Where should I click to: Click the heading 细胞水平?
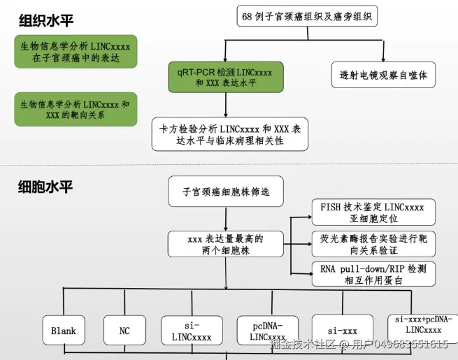(45, 187)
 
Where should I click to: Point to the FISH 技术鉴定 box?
(373, 213)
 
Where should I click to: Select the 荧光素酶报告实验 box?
(373, 244)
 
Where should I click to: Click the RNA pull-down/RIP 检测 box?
(373, 275)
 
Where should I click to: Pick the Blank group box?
(63, 330)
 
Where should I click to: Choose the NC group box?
(124, 330)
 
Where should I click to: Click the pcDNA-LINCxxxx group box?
(266, 330)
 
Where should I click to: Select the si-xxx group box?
(342, 330)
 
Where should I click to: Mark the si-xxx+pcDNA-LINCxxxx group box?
(423, 324)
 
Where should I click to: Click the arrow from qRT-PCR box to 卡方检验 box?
(225, 105)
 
